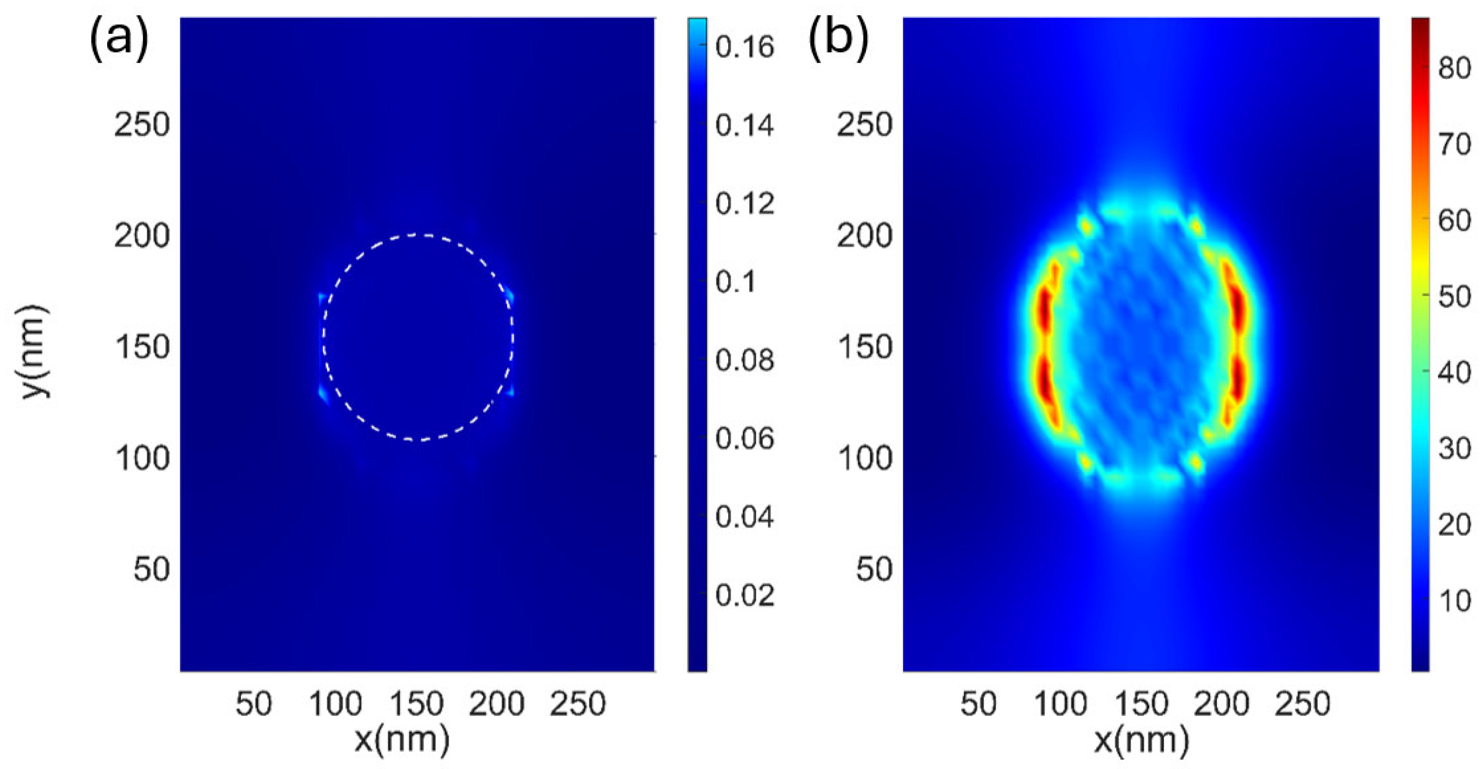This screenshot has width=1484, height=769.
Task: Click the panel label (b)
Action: click(839, 39)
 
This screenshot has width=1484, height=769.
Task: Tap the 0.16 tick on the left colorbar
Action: click(745, 46)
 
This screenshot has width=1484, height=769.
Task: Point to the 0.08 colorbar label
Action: click(745, 360)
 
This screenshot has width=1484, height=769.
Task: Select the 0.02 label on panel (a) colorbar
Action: click(745, 595)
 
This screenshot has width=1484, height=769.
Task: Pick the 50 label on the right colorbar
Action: click(1454, 296)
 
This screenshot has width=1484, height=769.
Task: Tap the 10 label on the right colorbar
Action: click(1454, 601)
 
